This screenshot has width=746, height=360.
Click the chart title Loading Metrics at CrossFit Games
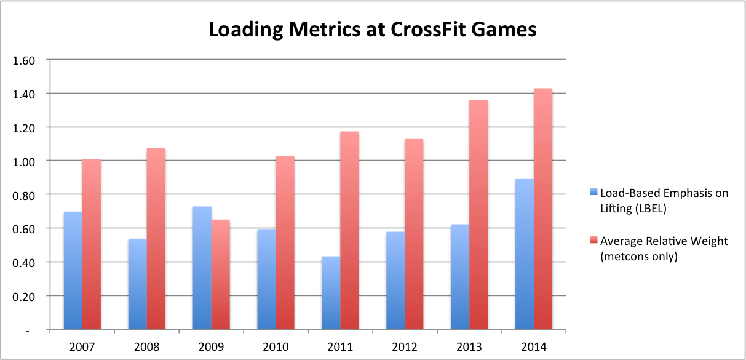click(373, 29)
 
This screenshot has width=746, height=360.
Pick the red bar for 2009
click(221, 274)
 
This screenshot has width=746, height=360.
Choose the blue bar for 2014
click(524, 255)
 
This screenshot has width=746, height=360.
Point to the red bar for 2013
click(478, 215)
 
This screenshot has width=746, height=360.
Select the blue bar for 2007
click(73, 271)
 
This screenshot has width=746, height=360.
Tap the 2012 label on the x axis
click(405, 346)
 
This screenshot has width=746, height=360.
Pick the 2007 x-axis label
click(82, 346)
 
